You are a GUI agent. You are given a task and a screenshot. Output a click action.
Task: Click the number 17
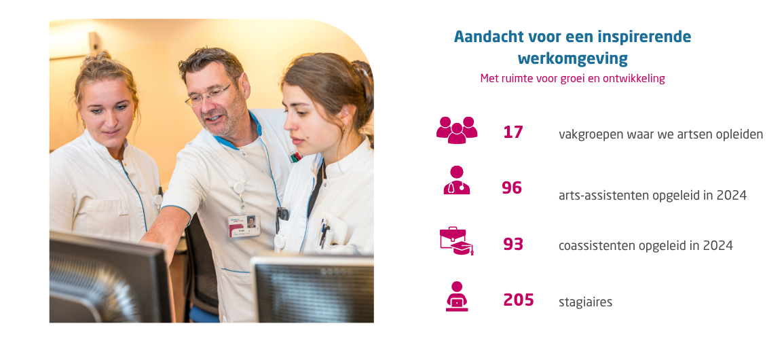pos(513,132)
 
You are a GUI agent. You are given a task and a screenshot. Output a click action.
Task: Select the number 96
pos(512,188)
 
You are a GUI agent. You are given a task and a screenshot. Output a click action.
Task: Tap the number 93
pos(513,244)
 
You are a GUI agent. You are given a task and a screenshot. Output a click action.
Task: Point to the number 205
pos(519,300)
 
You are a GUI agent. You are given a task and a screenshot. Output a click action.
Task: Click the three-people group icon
pos(456,130)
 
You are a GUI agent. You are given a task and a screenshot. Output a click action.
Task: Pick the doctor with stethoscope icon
pos(456,181)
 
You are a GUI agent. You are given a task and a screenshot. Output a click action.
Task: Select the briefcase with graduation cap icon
pos(456,240)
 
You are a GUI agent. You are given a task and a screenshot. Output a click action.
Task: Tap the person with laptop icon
pos(456,296)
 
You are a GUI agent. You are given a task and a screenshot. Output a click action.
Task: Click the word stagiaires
pos(585,302)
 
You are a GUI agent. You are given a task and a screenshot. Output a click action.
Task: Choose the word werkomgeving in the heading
pos(572,58)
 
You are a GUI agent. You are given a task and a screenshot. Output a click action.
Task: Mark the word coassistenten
pos(597,246)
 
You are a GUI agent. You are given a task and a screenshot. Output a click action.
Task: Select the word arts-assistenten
pos(604,196)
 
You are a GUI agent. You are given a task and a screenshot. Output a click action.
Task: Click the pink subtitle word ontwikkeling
pos(633,79)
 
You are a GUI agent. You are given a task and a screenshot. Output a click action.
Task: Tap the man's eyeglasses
pos(208,95)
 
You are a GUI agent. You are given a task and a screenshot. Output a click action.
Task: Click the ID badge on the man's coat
pos(244,226)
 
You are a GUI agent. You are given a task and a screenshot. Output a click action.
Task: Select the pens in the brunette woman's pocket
pos(324,233)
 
